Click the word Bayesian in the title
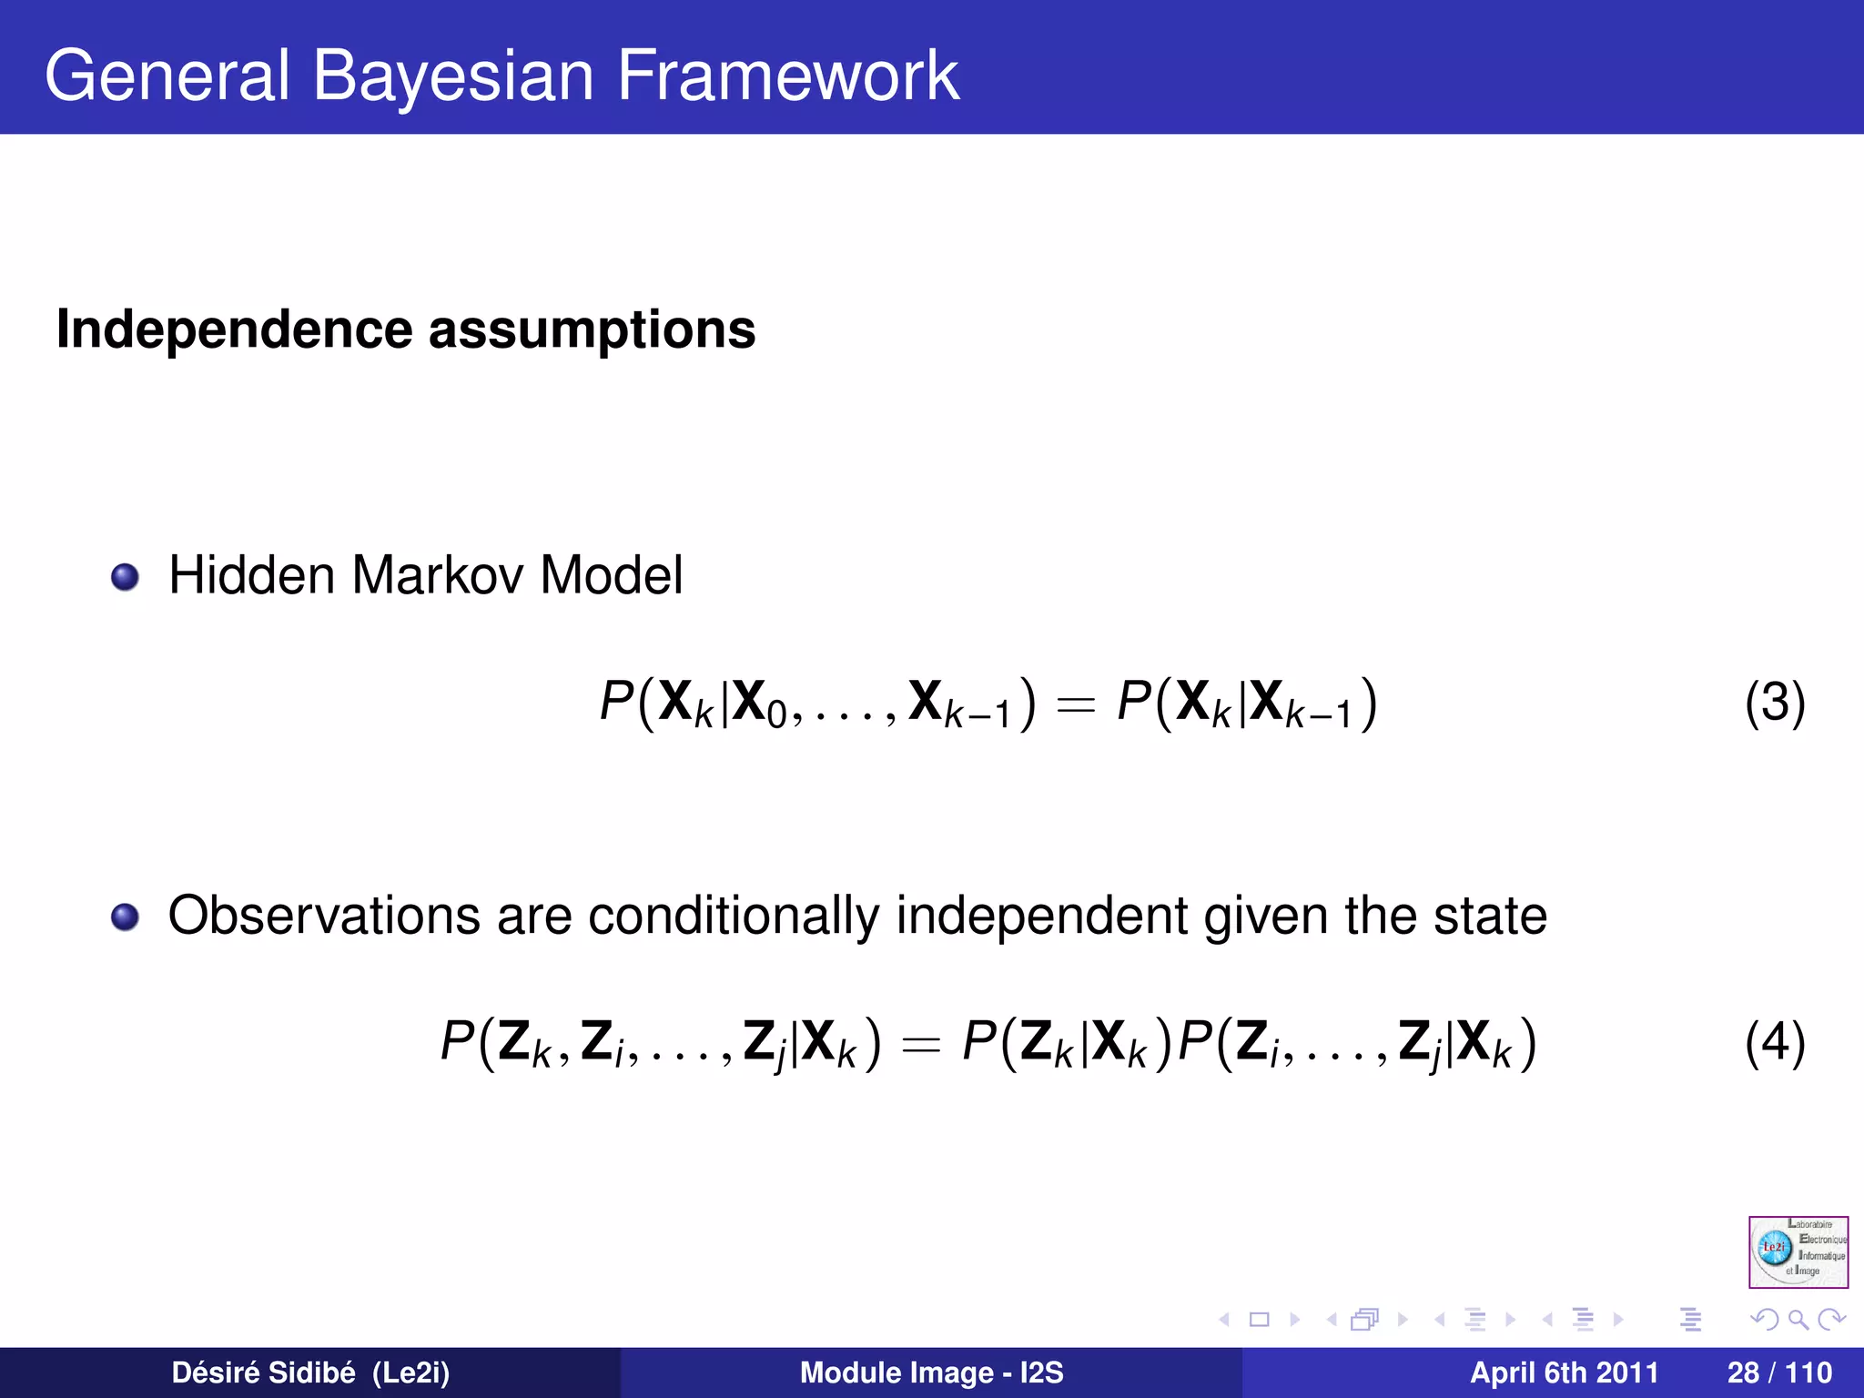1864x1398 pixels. (453, 76)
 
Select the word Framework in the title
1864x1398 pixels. (787, 76)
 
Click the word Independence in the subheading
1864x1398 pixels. (235, 329)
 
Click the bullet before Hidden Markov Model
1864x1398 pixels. (125, 577)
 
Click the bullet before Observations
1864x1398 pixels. (125, 917)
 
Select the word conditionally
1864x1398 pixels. (734, 917)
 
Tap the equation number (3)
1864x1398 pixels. (1775, 703)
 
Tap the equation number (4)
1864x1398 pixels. (1775, 1043)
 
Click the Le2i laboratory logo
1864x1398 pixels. (1798, 1251)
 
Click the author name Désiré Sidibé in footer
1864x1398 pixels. (263, 1373)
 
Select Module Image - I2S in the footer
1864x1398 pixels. (931, 1373)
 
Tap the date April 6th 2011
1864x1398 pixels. (1564, 1373)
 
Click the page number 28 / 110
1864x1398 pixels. (1779, 1373)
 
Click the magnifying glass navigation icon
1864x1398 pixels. (1798, 1319)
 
